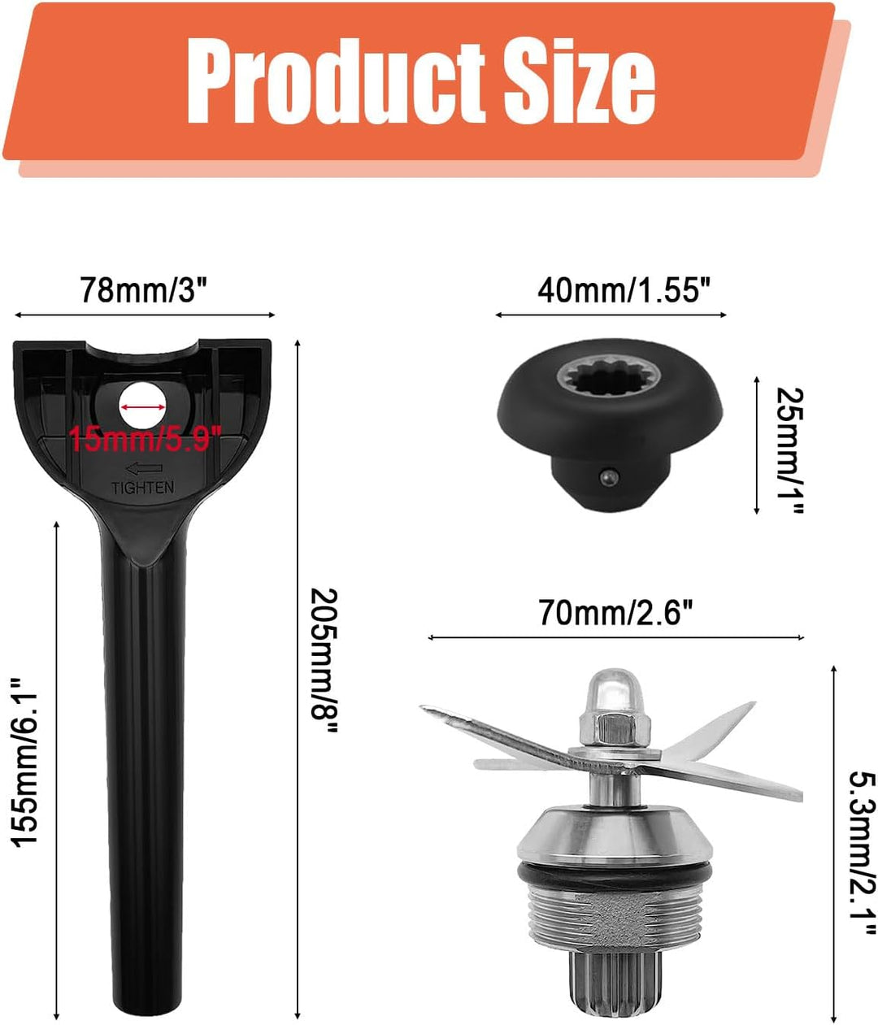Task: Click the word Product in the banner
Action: (x=336, y=83)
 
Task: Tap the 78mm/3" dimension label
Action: (x=144, y=289)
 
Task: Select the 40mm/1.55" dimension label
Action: (x=624, y=289)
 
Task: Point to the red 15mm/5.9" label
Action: (x=145, y=438)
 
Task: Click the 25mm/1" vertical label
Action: (x=789, y=451)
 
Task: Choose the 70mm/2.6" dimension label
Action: (x=615, y=614)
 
